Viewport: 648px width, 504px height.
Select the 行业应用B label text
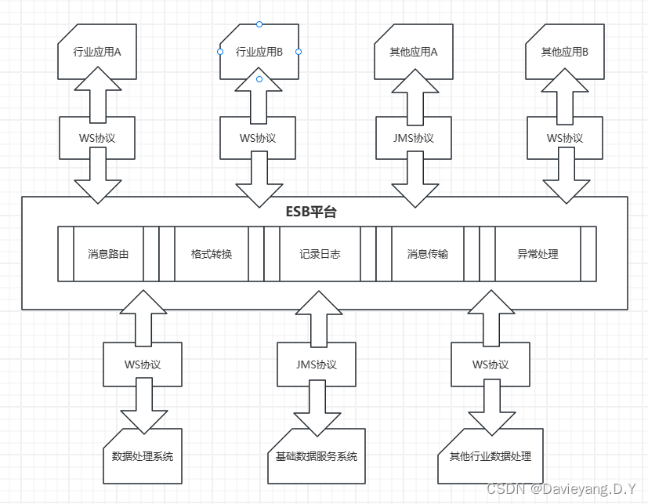coord(259,53)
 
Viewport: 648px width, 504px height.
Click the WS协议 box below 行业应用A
coord(97,138)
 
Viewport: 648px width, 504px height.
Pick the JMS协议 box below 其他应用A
coord(413,138)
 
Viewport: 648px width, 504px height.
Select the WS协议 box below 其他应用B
coord(564,138)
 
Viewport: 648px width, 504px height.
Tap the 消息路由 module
coord(108,254)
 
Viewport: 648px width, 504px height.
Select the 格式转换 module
coord(212,254)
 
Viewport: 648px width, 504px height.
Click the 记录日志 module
coord(320,254)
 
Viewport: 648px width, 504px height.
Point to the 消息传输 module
coord(427,254)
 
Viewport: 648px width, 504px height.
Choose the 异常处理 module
coord(538,254)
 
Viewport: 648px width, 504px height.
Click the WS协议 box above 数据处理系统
coord(143,364)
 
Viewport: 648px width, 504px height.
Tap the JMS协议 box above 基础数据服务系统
coord(317,364)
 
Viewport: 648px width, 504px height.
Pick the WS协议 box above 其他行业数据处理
coord(491,364)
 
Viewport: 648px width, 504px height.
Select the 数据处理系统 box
coord(143,455)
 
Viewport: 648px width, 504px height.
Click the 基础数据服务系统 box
coord(317,455)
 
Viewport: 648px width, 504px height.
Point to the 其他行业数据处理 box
coord(491,455)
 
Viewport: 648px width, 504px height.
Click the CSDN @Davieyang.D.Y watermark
coord(561,489)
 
